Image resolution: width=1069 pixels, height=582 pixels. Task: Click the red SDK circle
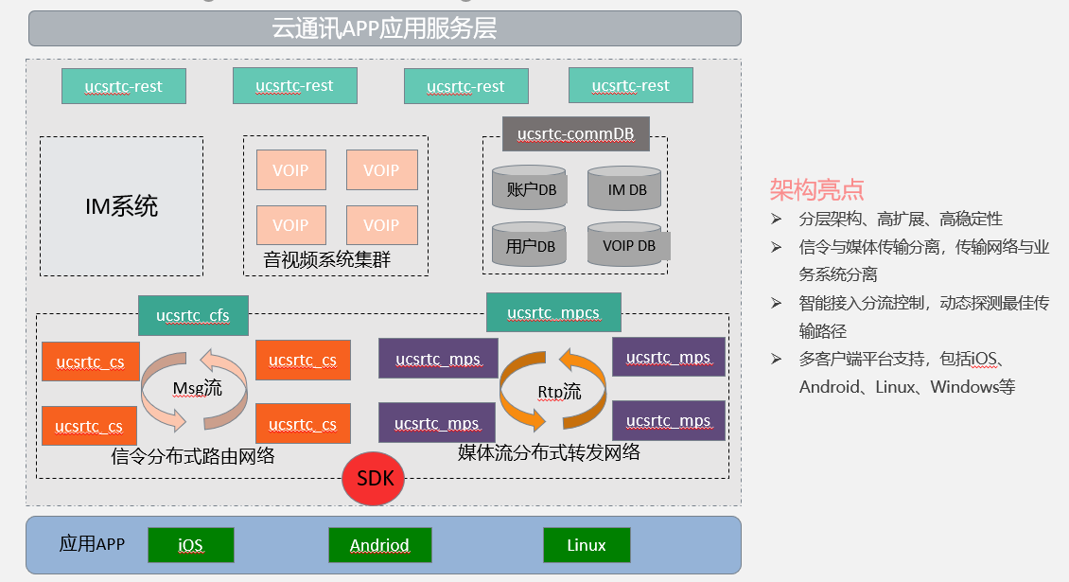click(x=373, y=478)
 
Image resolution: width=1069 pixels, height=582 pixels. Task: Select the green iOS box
click(x=191, y=544)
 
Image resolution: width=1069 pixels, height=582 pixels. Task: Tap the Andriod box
click(x=379, y=544)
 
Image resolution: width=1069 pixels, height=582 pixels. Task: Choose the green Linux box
click(x=587, y=544)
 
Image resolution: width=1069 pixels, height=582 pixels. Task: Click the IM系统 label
click(x=121, y=206)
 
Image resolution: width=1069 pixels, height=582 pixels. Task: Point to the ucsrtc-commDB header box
click(x=575, y=133)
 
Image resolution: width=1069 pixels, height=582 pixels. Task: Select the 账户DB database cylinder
click(x=530, y=187)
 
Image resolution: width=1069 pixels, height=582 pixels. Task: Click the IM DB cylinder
click(x=624, y=188)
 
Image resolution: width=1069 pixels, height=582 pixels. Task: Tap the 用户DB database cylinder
click(x=530, y=244)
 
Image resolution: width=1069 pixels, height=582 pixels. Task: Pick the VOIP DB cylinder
click(x=627, y=244)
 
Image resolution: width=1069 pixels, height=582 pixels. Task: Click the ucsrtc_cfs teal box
click(x=193, y=315)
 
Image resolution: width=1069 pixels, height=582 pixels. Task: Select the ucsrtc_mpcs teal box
click(x=553, y=312)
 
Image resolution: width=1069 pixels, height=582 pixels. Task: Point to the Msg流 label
click(x=197, y=388)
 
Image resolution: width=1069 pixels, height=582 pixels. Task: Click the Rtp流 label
click(x=559, y=392)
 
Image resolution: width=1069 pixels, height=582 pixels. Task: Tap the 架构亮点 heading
click(x=816, y=189)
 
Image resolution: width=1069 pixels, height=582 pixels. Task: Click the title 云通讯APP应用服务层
click(x=384, y=28)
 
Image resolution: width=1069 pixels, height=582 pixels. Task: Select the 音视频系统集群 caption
click(x=326, y=259)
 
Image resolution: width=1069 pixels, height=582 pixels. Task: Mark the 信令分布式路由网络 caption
click(x=193, y=456)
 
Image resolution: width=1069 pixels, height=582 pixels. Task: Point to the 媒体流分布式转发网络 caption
click(x=549, y=451)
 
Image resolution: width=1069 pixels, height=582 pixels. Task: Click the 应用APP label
click(x=92, y=544)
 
